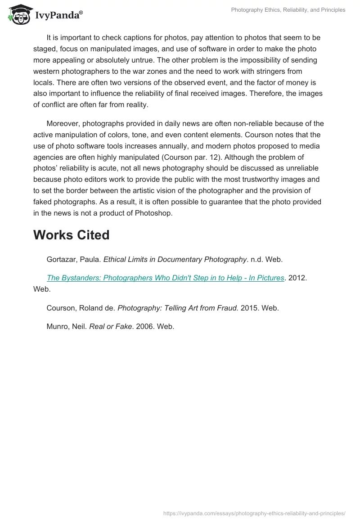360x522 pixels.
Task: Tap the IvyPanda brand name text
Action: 58,16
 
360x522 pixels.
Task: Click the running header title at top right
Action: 288,9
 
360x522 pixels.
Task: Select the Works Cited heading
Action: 71,235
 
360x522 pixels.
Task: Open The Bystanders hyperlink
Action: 165,278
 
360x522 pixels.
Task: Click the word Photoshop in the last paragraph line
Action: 153,213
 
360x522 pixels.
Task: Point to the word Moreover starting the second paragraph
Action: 64,124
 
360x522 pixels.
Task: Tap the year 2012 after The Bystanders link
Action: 297,278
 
